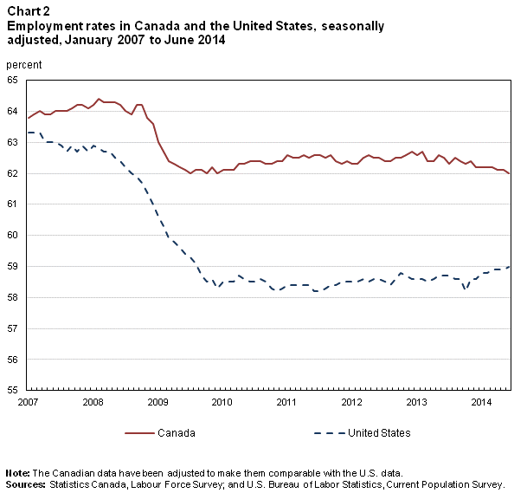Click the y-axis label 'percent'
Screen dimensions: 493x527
click(23, 65)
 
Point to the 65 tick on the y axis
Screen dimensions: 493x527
click(13, 80)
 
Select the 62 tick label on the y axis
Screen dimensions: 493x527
click(13, 173)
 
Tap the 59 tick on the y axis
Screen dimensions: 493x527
click(13, 266)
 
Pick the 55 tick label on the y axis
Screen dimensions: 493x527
click(13, 390)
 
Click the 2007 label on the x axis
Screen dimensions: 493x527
click(27, 403)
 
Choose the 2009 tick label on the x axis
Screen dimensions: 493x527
click(157, 403)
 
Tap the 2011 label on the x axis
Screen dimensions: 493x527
click(286, 403)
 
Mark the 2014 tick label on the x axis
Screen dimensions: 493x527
click(480, 403)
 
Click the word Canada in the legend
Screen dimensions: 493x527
click(176, 432)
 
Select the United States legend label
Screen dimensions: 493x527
click(379, 432)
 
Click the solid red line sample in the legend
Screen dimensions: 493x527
click(138, 432)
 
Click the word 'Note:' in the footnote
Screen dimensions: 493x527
click(17, 472)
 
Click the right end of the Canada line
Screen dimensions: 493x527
click(510, 173)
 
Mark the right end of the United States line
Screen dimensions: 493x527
click(510, 267)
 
